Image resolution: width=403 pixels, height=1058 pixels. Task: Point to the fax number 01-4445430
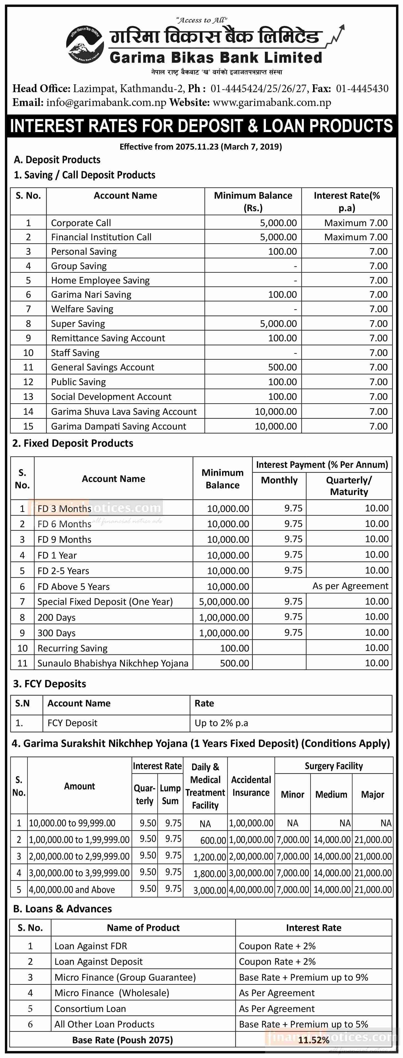[x=362, y=88]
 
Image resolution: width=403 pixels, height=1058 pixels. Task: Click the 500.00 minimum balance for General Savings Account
[x=282, y=367]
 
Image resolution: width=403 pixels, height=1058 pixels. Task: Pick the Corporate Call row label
[x=81, y=223]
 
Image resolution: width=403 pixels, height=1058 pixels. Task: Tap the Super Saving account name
[x=78, y=324]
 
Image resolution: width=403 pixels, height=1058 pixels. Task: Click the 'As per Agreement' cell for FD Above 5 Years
[x=350, y=586]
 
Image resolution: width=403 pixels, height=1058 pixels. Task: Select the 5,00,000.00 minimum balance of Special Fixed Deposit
[x=224, y=602]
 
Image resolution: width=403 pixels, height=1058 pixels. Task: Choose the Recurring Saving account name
[x=72, y=648]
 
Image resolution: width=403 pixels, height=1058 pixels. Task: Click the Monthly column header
[x=279, y=480]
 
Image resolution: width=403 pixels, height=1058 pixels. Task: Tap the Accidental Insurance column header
[x=251, y=786]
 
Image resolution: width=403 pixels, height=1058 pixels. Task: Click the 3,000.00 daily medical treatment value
[x=210, y=890]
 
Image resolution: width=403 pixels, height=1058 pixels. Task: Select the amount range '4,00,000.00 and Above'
[x=72, y=890]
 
